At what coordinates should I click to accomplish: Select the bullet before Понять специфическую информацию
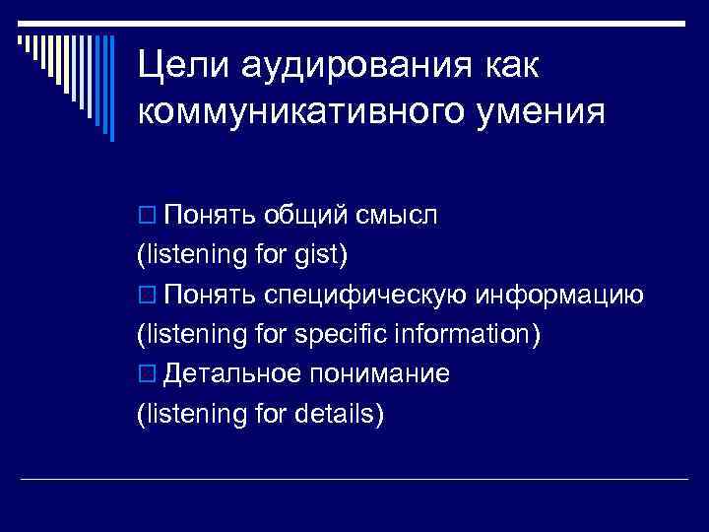coord(147,295)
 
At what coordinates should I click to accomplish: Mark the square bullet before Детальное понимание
coord(147,373)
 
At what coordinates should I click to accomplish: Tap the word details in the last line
coord(335,414)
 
